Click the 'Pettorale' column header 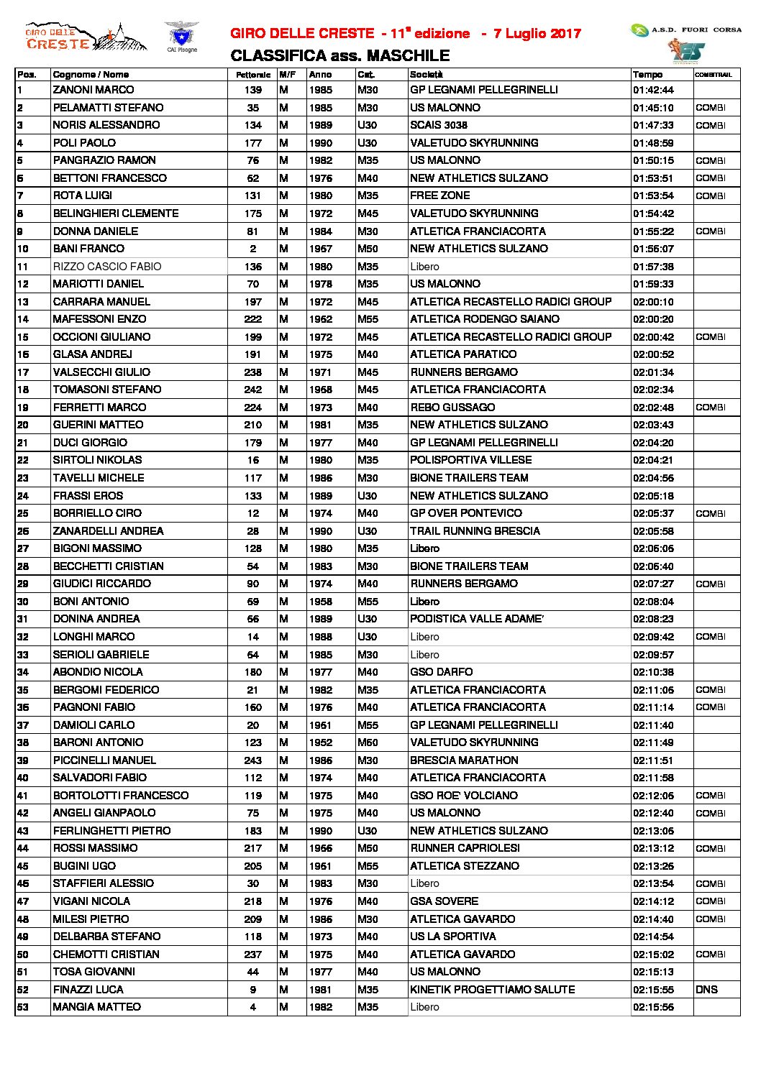tap(253, 75)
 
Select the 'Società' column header tap(427, 75)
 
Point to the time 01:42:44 tap(653, 90)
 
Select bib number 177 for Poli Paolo tap(253, 143)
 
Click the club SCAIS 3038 tap(439, 125)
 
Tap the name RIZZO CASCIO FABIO tap(107, 267)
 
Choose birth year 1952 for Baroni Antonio tap(321, 742)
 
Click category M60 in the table tap(368, 742)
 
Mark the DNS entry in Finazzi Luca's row tap(706, 990)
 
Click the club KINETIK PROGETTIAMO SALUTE tap(492, 990)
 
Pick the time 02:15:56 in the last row tap(653, 1007)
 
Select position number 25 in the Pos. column tap(23, 513)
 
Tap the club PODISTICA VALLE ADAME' tap(477, 619)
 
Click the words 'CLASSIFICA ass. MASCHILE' tap(340, 56)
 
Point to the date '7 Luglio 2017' tap(537, 34)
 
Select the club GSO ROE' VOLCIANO tap(464, 796)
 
